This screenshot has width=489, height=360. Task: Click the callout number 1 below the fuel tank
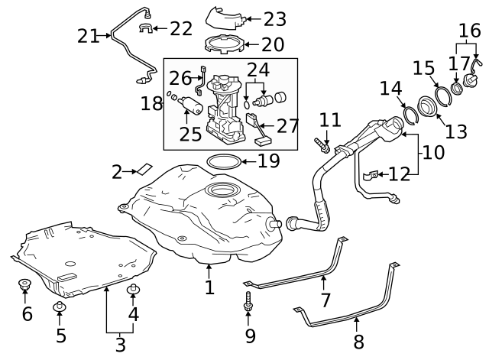(209, 287)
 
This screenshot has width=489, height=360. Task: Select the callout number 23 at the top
(274, 18)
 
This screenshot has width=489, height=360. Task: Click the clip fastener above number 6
(24, 287)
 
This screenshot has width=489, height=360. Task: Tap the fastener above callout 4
(134, 288)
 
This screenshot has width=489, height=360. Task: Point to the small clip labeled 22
(144, 29)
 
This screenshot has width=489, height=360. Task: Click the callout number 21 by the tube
(89, 35)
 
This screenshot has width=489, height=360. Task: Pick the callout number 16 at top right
(470, 31)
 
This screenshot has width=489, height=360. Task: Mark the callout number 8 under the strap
(358, 341)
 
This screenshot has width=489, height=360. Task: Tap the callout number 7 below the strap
(325, 300)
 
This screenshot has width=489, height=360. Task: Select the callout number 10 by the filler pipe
(432, 152)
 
